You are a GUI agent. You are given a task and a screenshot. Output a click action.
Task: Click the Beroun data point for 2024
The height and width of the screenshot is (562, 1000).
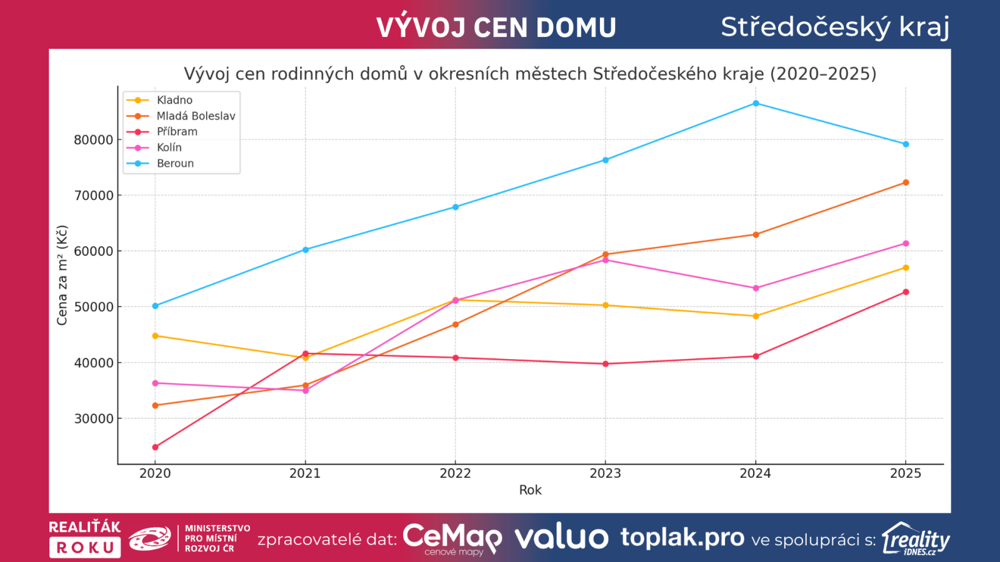pyautogui.click(x=756, y=104)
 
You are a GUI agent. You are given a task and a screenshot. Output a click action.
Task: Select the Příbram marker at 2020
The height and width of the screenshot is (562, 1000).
pyautogui.click(x=155, y=447)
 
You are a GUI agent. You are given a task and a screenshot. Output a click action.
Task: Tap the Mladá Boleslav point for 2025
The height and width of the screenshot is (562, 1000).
pyautogui.click(x=906, y=183)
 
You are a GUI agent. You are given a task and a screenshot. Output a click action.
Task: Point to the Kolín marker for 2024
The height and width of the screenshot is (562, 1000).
pyautogui.click(x=756, y=288)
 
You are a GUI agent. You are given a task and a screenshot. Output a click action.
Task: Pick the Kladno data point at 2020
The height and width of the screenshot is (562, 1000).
pyautogui.click(x=155, y=336)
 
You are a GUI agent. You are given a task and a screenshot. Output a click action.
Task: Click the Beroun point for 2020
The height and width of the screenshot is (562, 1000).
pyautogui.click(x=155, y=306)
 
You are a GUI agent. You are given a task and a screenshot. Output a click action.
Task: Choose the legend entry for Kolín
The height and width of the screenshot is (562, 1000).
pyautogui.click(x=169, y=148)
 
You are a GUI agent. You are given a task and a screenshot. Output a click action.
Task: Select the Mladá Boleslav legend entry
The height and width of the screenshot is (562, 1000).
pyautogui.click(x=196, y=116)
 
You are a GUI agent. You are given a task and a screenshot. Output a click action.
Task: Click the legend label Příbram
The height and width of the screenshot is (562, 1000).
pyautogui.click(x=177, y=132)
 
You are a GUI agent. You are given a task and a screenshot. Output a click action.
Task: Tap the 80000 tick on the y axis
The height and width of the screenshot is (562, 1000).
pyautogui.click(x=94, y=140)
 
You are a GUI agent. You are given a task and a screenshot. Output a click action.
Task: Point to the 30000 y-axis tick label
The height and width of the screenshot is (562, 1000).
pyautogui.click(x=94, y=419)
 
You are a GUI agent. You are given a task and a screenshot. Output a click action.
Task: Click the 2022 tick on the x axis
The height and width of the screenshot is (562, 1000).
pyautogui.click(x=455, y=473)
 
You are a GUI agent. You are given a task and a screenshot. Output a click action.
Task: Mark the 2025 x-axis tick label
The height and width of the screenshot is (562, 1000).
pyautogui.click(x=906, y=473)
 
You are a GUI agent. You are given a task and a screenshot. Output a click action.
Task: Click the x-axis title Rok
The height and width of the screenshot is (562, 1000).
pyautogui.click(x=530, y=490)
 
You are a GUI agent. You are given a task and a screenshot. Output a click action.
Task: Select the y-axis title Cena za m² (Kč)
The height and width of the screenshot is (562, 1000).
pyautogui.click(x=62, y=275)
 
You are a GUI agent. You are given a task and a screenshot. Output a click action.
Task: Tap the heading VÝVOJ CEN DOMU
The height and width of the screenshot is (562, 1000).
pyautogui.click(x=496, y=27)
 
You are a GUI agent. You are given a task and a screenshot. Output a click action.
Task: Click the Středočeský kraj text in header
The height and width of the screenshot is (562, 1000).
pyautogui.click(x=835, y=27)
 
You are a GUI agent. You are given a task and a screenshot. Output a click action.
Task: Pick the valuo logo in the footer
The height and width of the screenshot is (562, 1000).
pyautogui.click(x=561, y=538)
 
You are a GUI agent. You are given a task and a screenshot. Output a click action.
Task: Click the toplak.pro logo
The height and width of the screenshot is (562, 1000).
pyautogui.click(x=682, y=538)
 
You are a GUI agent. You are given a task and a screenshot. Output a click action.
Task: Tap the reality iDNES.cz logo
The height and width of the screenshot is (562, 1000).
pyautogui.click(x=916, y=539)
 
